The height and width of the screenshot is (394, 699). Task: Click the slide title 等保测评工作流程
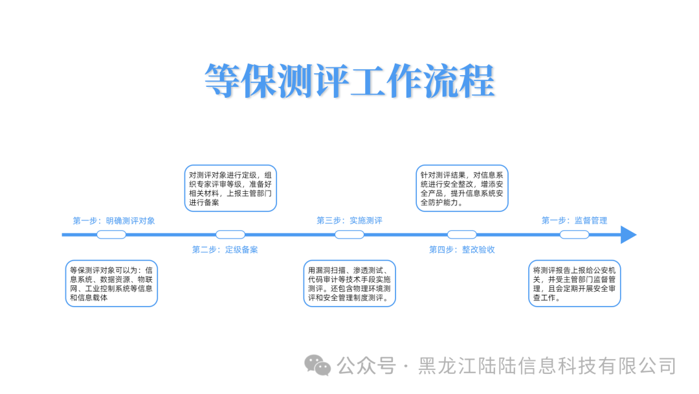coord(349,81)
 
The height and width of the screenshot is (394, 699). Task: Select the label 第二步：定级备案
coord(225,249)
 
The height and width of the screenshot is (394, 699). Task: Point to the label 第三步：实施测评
coord(349,220)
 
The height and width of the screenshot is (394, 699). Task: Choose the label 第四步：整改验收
coord(461,249)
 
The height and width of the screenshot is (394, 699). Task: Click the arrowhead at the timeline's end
coord(628,235)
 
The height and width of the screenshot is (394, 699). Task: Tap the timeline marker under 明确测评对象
coord(111,235)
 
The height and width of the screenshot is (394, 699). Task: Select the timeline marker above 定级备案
coord(230,235)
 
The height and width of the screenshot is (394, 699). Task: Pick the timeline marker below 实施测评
coord(349,235)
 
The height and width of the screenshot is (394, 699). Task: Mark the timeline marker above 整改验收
coord(461,235)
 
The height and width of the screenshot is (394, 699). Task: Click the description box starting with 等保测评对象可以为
coord(111,283)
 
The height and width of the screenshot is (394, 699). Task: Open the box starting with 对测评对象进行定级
coord(230,188)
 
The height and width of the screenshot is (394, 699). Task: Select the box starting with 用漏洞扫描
coord(349,283)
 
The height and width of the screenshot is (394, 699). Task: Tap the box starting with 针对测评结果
coord(461,188)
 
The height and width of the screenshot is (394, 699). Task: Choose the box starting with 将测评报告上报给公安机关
coord(574,283)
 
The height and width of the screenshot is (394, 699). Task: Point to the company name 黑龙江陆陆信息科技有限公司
coord(547,365)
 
